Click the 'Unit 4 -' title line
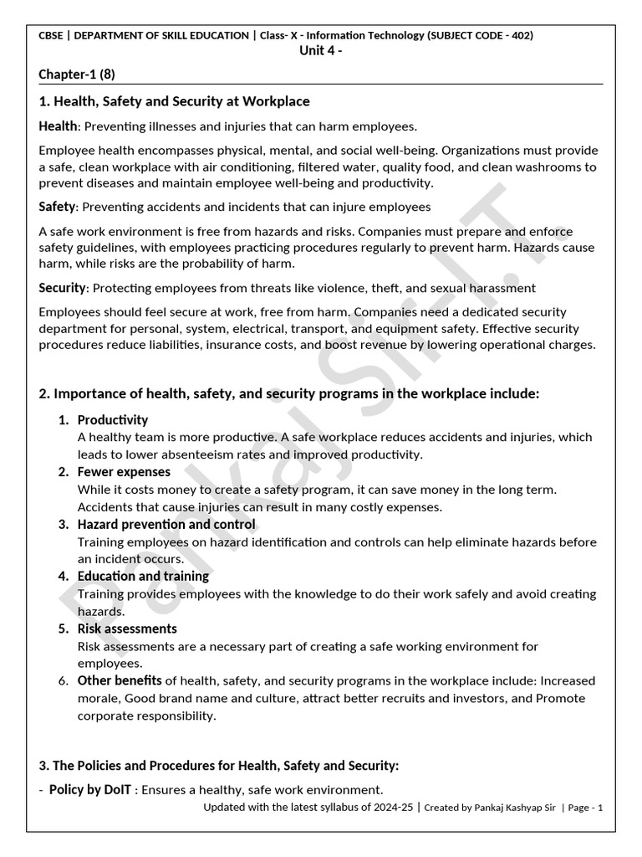pyautogui.click(x=320, y=50)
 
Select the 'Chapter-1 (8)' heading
pyautogui.click(x=77, y=74)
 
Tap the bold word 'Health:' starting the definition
pyautogui.click(x=58, y=126)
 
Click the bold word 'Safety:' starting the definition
pyautogui.click(x=57, y=206)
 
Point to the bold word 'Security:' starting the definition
pyautogui.click(x=63, y=288)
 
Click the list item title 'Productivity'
pyautogui.click(x=112, y=419)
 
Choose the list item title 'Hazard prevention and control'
pyautogui.click(x=166, y=524)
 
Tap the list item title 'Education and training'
pyautogui.click(x=143, y=576)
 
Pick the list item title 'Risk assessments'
pyautogui.click(x=127, y=629)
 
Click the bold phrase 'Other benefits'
pyautogui.click(x=120, y=680)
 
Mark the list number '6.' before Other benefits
pyautogui.click(x=63, y=681)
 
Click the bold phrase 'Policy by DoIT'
pyautogui.click(x=90, y=789)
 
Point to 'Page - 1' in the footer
pyautogui.click(x=586, y=808)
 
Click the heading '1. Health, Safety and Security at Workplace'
pyautogui.click(x=174, y=101)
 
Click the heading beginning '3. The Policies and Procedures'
pyautogui.click(x=219, y=765)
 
